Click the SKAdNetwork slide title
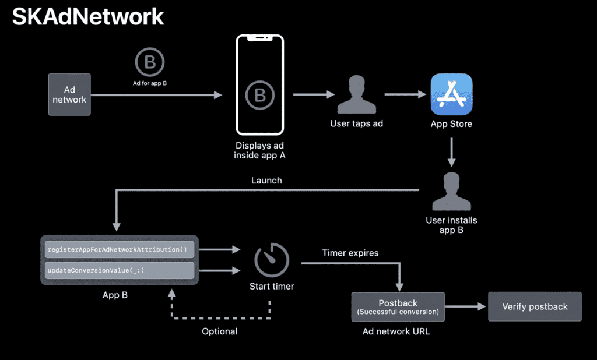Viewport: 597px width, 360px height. (x=88, y=17)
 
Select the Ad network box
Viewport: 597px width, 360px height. (x=69, y=94)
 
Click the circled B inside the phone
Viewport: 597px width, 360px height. (x=259, y=95)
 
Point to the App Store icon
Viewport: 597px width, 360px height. (x=451, y=94)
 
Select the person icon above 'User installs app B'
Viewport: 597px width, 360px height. (x=451, y=192)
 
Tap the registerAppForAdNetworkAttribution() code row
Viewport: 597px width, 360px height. (x=120, y=250)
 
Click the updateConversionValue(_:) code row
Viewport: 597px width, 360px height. (x=120, y=270)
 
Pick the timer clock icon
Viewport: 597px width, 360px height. (x=272, y=260)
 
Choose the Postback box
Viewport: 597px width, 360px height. (x=398, y=306)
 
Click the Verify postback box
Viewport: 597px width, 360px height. (x=535, y=306)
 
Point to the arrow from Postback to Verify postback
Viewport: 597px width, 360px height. (x=466, y=306)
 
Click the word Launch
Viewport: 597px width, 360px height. (x=266, y=181)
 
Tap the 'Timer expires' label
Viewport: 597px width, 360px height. (x=350, y=253)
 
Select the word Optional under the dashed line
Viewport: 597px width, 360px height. (x=220, y=331)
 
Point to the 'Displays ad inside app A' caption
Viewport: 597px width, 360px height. (x=259, y=151)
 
